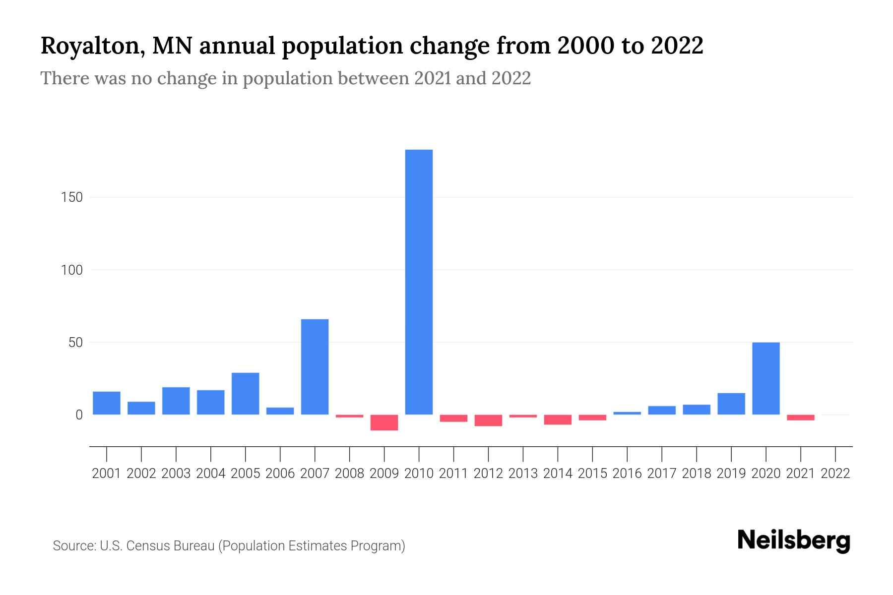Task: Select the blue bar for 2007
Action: (x=315, y=366)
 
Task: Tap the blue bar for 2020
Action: (x=765, y=378)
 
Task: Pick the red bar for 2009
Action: (x=384, y=422)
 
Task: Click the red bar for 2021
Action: (x=800, y=417)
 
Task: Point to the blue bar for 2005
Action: (x=245, y=393)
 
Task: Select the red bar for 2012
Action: (x=488, y=420)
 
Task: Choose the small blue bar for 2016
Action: (x=627, y=413)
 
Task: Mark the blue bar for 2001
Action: (x=107, y=403)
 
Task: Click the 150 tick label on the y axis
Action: (x=72, y=197)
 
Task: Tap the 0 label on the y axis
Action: (x=79, y=415)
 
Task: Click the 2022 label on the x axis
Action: (x=835, y=474)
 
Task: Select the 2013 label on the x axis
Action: (x=523, y=474)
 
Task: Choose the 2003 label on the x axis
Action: (x=176, y=474)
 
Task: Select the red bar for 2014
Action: (x=558, y=419)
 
